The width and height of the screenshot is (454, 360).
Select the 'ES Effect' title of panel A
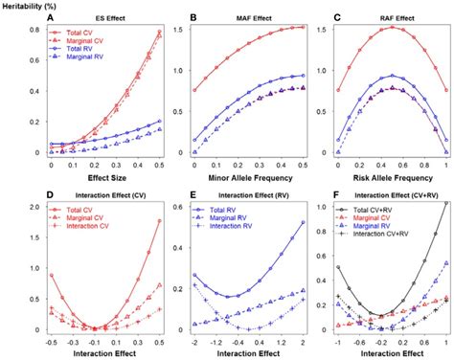[93, 18]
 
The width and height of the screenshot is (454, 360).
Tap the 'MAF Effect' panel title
[246, 18]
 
